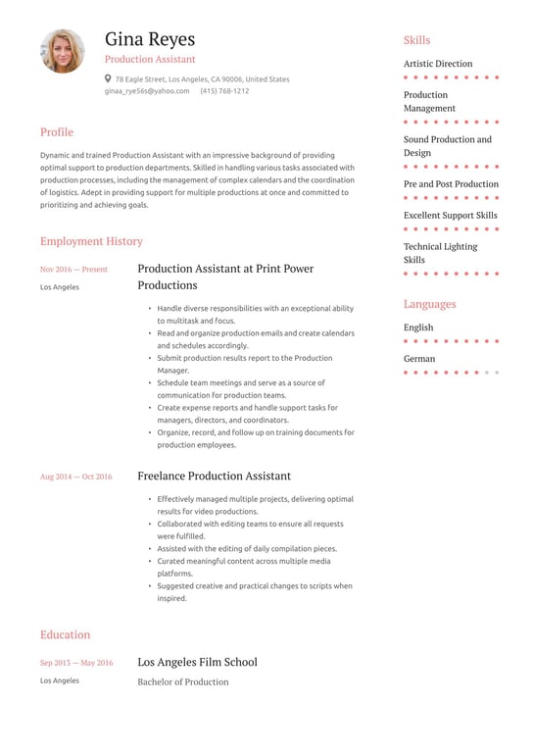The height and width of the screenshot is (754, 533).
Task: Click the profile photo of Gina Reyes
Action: [63, 51]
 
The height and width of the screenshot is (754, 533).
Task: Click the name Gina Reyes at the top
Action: [150, 39]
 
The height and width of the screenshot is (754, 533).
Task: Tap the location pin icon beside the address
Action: [108, 78]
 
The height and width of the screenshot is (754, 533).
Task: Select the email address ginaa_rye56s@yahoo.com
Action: [147, 91]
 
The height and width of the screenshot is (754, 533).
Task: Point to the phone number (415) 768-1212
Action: [224, 91]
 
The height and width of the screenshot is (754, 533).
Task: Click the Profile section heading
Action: [57, 132]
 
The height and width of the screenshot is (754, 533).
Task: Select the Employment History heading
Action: [91, 241]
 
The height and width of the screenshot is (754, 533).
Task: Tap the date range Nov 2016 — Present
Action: [73, 269]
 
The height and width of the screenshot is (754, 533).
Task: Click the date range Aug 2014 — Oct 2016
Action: [75, 477]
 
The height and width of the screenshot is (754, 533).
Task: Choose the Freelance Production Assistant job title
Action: [214, 477]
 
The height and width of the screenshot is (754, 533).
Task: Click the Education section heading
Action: [65, 634]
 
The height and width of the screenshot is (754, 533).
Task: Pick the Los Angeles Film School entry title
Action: [197, 662]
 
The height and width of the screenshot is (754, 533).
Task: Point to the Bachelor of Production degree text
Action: [182, 681]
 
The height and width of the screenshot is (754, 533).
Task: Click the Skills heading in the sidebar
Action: [416, 40]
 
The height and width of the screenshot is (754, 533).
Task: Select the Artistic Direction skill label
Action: [438, 64]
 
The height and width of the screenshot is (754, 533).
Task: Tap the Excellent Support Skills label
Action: [450, 216]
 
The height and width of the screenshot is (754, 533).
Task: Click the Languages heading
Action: [429, 304]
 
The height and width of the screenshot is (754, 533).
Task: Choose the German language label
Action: [418, 359]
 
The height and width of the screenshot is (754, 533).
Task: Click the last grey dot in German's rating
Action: [497, 373]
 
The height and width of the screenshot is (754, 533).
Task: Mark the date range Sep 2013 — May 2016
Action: [76, 663]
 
